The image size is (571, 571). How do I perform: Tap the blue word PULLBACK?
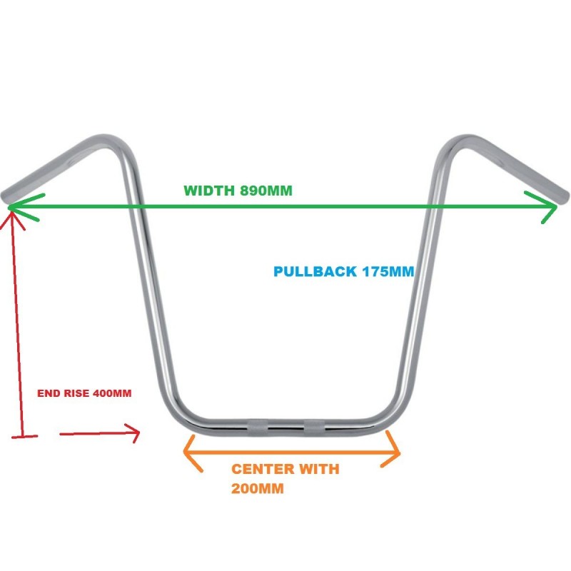(x=315, y=272)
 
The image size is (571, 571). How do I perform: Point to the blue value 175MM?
(x=388, y=272)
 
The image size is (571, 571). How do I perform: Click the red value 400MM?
(x=112, y=393)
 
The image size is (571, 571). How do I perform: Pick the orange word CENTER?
(x=263, y=469)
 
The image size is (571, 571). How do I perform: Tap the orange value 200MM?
(x=258, y=488)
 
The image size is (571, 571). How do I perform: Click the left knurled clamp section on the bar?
(x=258, y=428)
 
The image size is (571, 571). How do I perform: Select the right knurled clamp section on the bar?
(x=314, y=428)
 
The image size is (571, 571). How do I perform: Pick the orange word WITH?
(x=319, y=469)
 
